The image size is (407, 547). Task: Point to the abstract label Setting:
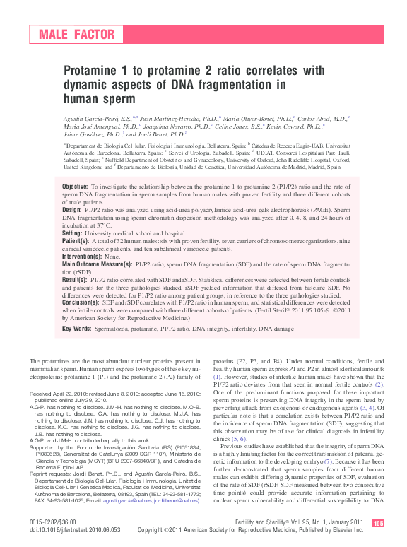pos(73,233)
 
